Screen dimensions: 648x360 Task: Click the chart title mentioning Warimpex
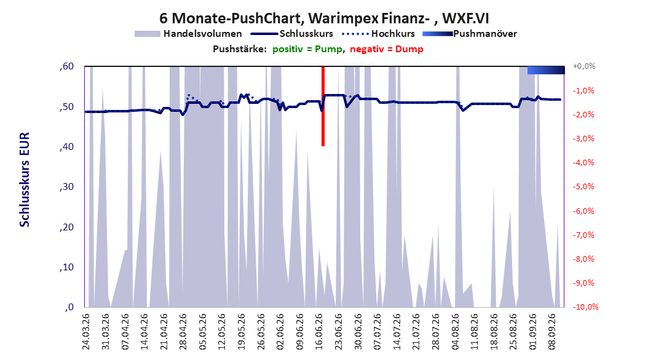(324, 18)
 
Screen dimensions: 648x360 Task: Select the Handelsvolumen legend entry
(188, 34)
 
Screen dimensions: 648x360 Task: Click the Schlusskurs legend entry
(292, 34)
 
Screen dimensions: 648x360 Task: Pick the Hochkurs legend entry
(378, 34)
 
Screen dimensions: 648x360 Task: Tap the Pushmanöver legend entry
(470, 34)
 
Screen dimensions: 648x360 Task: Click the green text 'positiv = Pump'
(307, 49)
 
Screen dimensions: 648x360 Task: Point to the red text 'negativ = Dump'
(387, 49)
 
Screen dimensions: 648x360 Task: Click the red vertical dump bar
(323, 106)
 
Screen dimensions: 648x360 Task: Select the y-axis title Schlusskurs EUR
(25, 179)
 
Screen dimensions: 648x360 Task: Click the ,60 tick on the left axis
(66, 66)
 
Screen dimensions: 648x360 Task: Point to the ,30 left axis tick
(66, 187)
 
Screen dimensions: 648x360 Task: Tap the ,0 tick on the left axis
(69, 307)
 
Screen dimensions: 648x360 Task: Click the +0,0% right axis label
(584, 66)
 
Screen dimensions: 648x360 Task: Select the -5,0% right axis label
(583, 187)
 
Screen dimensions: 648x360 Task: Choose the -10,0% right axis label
(585, 307)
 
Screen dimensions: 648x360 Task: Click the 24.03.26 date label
(86, 332)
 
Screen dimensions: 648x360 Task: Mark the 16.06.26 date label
(319, 332)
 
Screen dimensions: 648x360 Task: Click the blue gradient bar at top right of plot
(546, 70)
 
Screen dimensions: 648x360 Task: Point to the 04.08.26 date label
(455, 332)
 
